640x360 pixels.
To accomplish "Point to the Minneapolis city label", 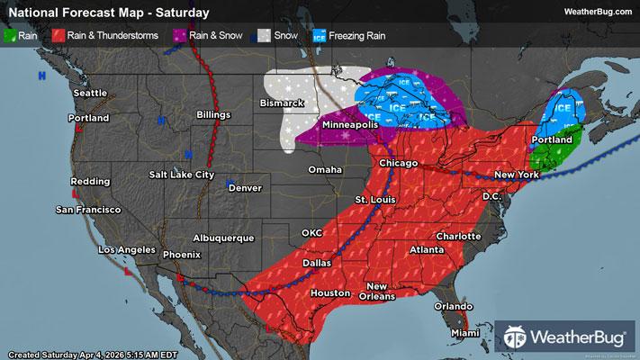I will [x=346, y=125].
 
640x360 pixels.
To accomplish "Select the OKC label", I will [x=311, y=233].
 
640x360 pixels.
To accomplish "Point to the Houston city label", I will [x=329, y=293].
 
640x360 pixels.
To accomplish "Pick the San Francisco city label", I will [x=88, y=210].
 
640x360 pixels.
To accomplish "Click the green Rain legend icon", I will [x=11, y=37].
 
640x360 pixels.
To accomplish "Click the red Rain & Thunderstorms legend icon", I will [x=59, y=37].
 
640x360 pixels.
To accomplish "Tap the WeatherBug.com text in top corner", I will [x=596, y=12].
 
